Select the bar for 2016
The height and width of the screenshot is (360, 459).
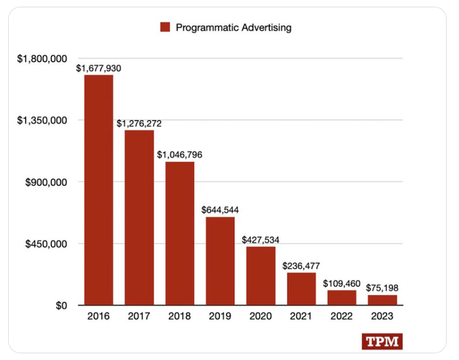coord(99,190)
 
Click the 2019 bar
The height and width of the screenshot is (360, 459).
coord(220,261)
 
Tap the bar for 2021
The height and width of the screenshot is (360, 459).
coord(301,288)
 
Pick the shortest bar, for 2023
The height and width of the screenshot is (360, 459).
coord(382,300)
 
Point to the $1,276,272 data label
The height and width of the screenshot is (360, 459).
coord(139,124)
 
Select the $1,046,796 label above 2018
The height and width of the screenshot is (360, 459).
coord(180,155)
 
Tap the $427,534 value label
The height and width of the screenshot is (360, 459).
coord(261,240)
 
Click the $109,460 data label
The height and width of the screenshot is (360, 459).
coord(342,283)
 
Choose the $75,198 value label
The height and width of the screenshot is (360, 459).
coord(382,288)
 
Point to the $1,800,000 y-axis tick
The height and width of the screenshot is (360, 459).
coord(42,59)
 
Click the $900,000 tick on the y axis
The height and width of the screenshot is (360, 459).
coord(47,182)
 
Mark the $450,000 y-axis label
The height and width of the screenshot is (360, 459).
coord(47,244)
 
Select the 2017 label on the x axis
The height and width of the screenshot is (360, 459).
coord(139,316)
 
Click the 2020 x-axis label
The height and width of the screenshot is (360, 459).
coord(261,316)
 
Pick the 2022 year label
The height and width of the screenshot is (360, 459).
coord(342,316)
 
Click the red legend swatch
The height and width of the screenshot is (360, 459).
coord(165,27)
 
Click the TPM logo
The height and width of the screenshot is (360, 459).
coord(382,342)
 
